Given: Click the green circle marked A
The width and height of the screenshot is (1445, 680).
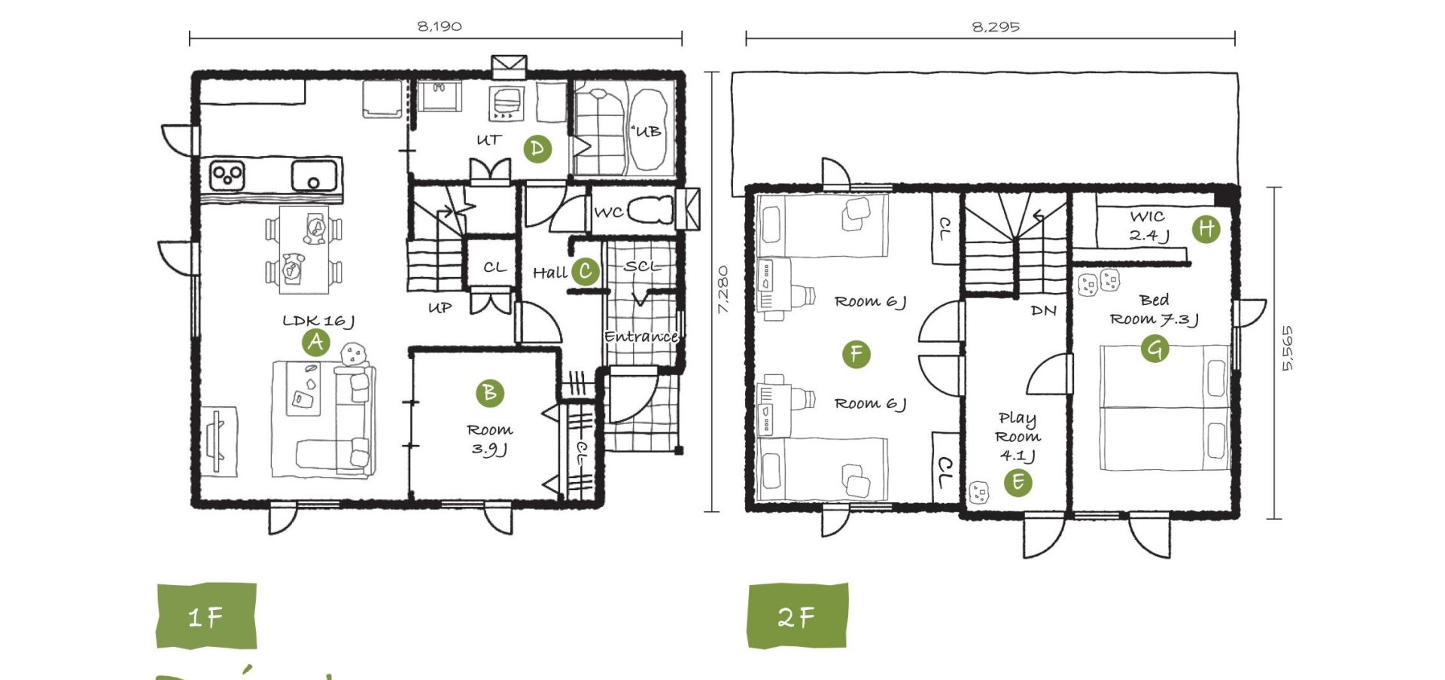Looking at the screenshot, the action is tap(316, 343).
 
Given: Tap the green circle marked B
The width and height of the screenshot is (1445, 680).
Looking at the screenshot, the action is tap(490, 392).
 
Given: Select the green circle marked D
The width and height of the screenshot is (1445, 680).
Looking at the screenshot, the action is tap(537, 148).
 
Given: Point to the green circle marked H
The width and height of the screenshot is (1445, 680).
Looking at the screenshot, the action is tap(1206, 228).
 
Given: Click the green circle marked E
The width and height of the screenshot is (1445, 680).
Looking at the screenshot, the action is tap(1018, 482).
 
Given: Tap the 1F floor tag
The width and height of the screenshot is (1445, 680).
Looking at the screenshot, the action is tap(206, 616).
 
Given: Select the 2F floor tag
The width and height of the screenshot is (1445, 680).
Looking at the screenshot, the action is tap(798, 616).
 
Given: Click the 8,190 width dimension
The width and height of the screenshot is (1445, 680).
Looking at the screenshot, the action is tap(440, 26).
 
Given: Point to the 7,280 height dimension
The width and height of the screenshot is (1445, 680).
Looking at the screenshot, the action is tap(722, 289).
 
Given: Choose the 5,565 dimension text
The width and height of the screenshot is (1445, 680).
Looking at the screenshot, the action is tap(1288, 348).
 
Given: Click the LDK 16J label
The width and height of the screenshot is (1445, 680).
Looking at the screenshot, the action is tap(318, 321).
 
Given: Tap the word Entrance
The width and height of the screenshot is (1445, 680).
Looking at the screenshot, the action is tap(641, 337).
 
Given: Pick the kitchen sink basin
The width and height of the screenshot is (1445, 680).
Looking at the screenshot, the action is tap(314, 177).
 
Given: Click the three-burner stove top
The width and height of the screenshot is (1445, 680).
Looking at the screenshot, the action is tap(227, 175).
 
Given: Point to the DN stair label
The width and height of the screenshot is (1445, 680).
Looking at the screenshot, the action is tap(1044, 310).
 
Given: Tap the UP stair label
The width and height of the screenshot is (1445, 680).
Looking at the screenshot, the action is tap(440, 307).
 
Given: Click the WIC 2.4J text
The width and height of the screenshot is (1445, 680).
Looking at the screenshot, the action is tap(1148, 226).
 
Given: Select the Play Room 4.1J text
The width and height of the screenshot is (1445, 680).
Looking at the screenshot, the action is tap(1018, 437).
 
